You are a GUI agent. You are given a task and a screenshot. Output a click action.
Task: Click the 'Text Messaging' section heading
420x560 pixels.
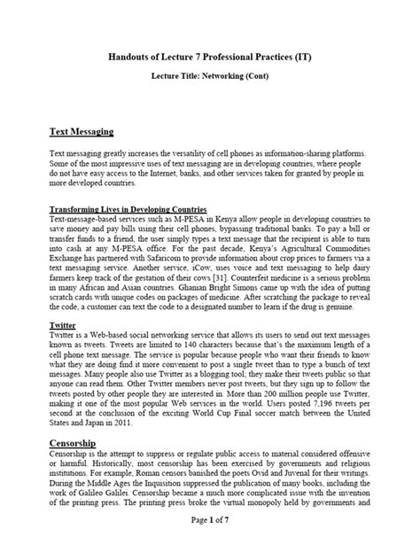(x=81, y=131)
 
